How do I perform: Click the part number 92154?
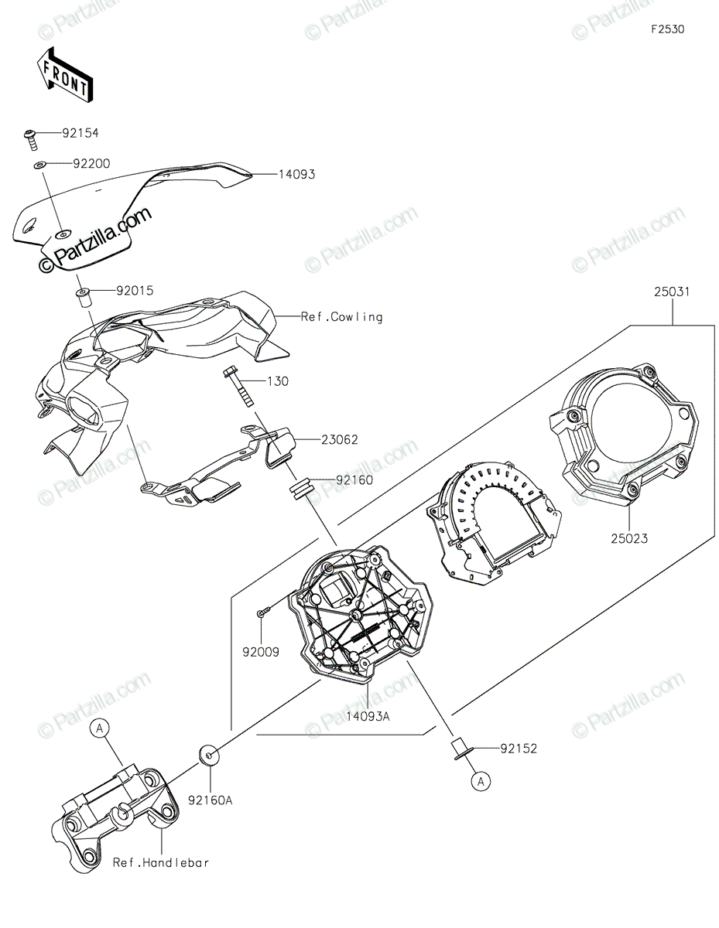click(x=80, y=133)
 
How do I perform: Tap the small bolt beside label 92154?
click(x=30, y=139)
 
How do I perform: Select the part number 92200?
click(x=91, y=164)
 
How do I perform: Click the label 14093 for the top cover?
click(x=297, y=174)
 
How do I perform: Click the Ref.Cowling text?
click(x=341, y=317)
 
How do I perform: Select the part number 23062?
click(x=340, y=439)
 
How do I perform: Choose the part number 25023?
click(x=629, y=539)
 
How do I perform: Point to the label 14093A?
click(x=368, y=717)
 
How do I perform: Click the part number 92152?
click(x=519, y=749)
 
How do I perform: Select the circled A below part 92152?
click(x=481, y=782)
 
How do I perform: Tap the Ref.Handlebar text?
click(x=161, y=863)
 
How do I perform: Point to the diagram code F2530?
click(x=668, y=29)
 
